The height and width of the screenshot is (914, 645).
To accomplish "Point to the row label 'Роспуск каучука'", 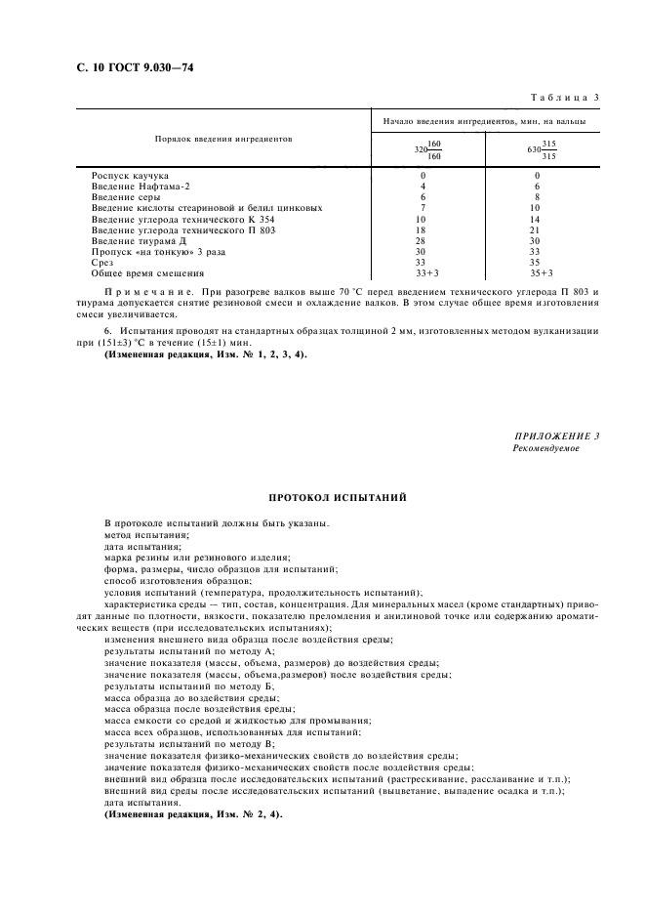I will (131, 176).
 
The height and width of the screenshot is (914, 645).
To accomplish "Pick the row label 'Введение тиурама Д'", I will (140, 240).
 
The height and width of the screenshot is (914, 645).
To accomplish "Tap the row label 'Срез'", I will (101, 262).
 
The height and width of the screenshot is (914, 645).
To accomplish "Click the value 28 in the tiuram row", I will (423, 240).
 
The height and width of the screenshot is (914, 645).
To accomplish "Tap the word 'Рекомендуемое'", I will (545, 447).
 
